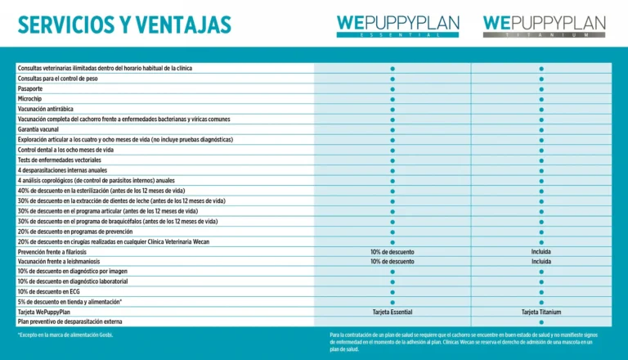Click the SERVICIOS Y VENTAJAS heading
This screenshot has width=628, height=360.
click(124, 25)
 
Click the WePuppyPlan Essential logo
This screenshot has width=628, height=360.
click(397, 26)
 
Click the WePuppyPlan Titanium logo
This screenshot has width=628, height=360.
click(544, 26)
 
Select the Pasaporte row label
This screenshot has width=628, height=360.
click(31, 88)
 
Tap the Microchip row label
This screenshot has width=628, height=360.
click(31, 98)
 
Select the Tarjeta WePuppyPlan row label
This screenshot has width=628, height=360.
click(47, 312)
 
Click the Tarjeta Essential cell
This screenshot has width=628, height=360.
click(392, 312)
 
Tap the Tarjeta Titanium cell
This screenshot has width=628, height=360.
click(541, 312)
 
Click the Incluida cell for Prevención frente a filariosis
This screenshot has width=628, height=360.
click(541, 251)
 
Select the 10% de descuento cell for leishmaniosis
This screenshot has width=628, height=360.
click(392, 262)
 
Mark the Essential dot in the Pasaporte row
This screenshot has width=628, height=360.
click(392, 88)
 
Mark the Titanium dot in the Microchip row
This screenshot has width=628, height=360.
click(541, 98)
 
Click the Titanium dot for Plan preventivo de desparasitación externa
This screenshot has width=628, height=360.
click(541, 322)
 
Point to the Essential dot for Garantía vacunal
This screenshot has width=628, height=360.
click(392, 129)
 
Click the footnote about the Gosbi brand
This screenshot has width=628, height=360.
click(65, 335)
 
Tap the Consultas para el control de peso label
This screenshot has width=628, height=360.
click(58, 79)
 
